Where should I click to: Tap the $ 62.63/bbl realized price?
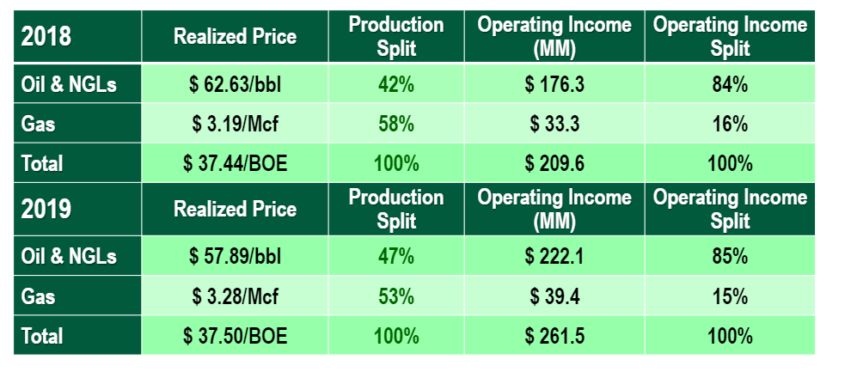click(235, 85)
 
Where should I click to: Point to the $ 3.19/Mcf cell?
click(235, 125)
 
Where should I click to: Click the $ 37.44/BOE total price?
click(235, 163)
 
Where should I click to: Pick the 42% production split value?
click(395, 85)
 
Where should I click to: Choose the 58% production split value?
click(395, 125)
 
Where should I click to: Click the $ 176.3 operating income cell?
click(554, 85)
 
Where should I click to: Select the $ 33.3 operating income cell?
click(554, 125)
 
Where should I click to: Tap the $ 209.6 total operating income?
click(554, 163)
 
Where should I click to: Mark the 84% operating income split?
click(729, 85)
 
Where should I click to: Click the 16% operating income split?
click(729, 125)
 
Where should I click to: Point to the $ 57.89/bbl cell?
click(235, 256)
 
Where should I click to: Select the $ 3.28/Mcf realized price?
click(235, 296)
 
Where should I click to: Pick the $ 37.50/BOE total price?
click(235, 335)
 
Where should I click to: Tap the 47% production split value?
click(395, 256)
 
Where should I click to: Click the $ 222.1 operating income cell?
click(554, 256)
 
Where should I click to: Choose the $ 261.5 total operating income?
click(554, 335)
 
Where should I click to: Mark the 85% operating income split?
click(729, 256)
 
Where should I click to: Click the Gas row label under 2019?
click(39, 296)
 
